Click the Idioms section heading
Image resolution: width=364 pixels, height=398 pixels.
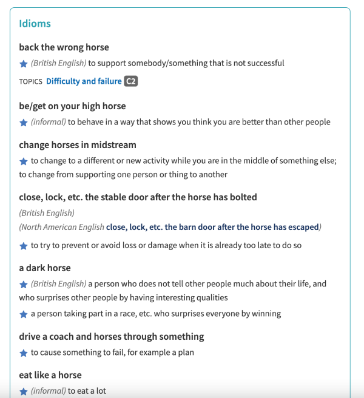tap(35, 24)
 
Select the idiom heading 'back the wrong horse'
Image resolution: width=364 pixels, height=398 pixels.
tap(64, 47)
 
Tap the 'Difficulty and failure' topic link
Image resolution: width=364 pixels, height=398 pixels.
tap(84, 81)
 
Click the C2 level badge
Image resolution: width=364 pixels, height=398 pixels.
tap(130, 81)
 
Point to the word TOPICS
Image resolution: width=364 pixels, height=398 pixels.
tap(30, 81)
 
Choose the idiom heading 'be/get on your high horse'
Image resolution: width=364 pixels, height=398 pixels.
tap(72, 106)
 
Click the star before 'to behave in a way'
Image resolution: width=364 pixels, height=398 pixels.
tap(24, 122)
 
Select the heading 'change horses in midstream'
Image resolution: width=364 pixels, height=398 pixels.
tap(77, 145)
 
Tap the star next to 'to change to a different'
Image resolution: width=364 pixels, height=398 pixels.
tap(24, 161)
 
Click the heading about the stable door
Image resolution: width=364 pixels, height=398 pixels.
tap(138, 197)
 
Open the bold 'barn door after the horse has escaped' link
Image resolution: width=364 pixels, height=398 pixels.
tap(212, 228)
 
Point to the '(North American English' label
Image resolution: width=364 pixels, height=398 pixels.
tap(61, 228)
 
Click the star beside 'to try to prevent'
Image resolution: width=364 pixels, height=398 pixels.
tap(24, 246)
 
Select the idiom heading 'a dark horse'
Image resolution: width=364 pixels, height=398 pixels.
tap(44, 268)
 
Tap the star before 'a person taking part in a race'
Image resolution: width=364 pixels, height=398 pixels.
tap(24, 314)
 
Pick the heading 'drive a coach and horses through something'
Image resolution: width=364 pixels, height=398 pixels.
tap(111, 337)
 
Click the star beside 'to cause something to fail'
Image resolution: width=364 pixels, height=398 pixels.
tap(24, 353)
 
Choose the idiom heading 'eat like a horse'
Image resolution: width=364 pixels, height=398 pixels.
tap(50, 375)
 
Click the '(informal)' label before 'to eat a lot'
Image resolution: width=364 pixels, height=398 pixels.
tap(48, 391)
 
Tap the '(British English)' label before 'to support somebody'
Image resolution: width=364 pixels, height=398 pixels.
tap(58, 63)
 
